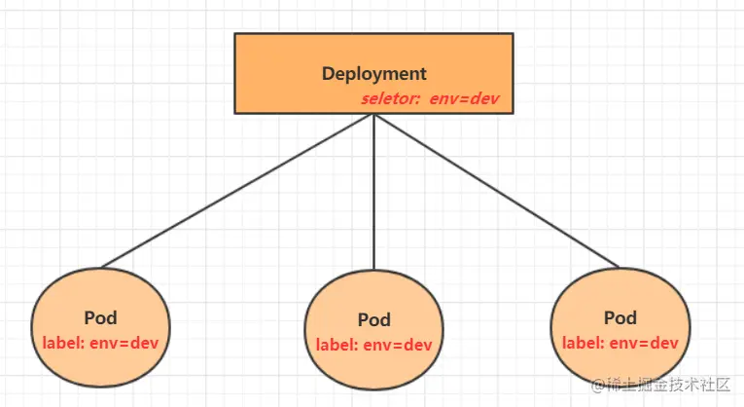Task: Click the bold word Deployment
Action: click(x=373, y=74)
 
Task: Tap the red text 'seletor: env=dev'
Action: click(x=430, y=99)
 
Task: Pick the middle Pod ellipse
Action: click(x=373, y=328)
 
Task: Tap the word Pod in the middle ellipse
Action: click(x=373, y=319)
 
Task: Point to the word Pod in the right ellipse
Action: click(x=620, y=317)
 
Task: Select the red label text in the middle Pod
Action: click(x=373, y=345)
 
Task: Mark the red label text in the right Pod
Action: click(x=620, y=342)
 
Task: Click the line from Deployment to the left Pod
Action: click(x=238, y=190)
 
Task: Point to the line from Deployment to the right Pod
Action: click(x=496, y=190)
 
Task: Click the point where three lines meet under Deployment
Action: click(x=374, y=115)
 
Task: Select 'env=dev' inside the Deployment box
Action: click(x=465, y=99)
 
